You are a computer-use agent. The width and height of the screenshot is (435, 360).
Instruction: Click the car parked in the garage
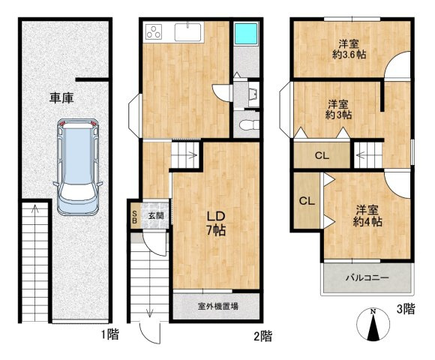point(78,167)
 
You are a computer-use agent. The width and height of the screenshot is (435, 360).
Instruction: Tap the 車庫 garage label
point(61,98)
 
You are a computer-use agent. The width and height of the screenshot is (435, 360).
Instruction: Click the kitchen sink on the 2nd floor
point(187,32)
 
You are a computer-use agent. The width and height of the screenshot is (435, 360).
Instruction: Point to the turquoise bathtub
point(246,33)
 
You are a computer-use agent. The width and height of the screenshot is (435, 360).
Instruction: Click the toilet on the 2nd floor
point(248,124)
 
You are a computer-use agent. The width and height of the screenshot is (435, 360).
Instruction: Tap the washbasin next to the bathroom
point(253,94)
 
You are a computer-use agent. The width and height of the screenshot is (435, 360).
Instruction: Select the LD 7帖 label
point(215,223)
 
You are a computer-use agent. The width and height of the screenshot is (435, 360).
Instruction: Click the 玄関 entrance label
point(156,216)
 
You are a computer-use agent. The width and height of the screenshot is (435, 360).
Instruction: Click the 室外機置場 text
point(218,306)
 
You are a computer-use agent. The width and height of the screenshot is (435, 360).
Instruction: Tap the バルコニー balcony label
point(367,277)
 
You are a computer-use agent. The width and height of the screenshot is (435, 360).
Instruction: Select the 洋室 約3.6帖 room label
point(349,49)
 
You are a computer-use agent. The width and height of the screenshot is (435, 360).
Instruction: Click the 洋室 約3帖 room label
point(338,109)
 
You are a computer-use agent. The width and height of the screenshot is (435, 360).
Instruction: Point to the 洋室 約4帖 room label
point(367,216)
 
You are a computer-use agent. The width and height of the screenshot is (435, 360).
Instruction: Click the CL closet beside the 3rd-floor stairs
point(322,155)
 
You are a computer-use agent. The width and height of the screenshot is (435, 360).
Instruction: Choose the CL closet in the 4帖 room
point(307,201)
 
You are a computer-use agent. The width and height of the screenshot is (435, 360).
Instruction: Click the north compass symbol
point(373,325)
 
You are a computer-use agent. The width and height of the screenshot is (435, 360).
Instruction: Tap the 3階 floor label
point(406,309)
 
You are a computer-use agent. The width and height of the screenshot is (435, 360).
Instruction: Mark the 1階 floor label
point(109,334)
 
